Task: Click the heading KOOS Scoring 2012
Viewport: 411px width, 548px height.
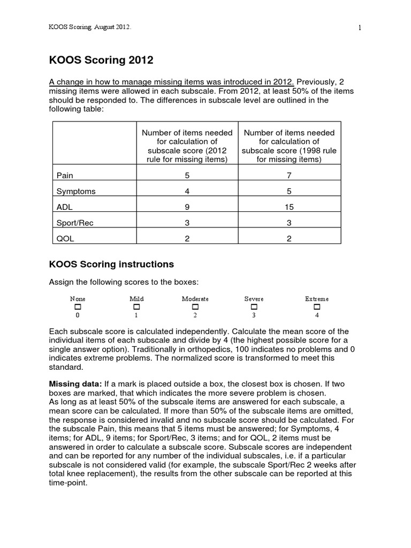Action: click(101, 60)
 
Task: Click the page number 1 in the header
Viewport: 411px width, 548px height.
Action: click(360, 28)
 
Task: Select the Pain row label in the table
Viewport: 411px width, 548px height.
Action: click(64, 175)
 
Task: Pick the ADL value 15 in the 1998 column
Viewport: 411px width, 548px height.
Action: click(290, 207)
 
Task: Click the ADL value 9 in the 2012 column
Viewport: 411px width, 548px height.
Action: click(187, 207)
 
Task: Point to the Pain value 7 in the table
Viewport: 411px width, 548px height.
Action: click(290, 175)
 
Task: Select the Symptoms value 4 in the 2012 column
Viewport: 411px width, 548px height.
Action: click(187, 191)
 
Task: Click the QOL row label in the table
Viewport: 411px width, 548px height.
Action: click(64, 239)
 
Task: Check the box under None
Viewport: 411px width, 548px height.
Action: click(78, 307)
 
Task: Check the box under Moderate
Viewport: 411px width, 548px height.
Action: click(195, 307)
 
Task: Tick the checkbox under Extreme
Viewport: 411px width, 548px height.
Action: click(317, 307)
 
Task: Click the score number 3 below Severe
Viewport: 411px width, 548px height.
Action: click(254, 316)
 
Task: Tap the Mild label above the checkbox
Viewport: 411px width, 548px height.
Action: click(136, 299)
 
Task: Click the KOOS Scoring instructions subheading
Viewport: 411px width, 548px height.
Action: click(111, 264)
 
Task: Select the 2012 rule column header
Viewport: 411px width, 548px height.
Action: click(187, 146)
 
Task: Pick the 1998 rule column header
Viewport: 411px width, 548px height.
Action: click(290, 146)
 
